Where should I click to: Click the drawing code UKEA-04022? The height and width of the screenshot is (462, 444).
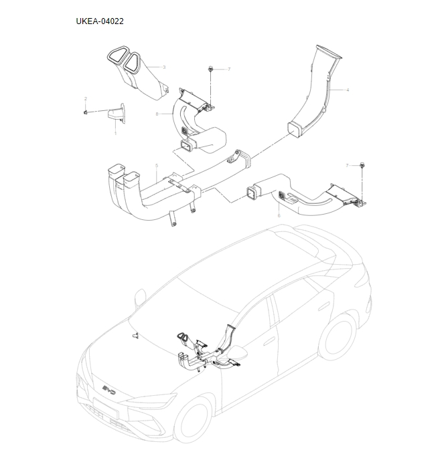[100, 21]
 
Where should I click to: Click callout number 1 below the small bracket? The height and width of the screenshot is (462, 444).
[115, 133]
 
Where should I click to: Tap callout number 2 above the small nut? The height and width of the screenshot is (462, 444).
[86, 99]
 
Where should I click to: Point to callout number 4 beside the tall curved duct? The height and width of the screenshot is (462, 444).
[348, 90]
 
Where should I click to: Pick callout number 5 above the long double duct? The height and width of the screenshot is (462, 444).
[156, 165]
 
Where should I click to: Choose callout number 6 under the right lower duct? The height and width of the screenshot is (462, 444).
[279, 215]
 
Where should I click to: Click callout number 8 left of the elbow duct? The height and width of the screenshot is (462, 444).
[157, 114]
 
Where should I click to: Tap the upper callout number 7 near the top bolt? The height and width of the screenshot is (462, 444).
[228, 70]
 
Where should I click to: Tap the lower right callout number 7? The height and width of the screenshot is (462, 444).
[347, 164]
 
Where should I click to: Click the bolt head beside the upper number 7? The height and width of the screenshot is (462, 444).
[211, 69]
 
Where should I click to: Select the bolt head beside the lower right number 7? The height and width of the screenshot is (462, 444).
[362, 164]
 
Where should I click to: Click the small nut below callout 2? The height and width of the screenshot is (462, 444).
[86, 112]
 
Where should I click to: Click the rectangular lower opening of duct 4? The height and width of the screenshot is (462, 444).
[295, 129]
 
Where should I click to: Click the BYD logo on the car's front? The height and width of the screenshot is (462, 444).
[110, 390]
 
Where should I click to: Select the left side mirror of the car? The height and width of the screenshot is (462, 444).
[141, 295]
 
